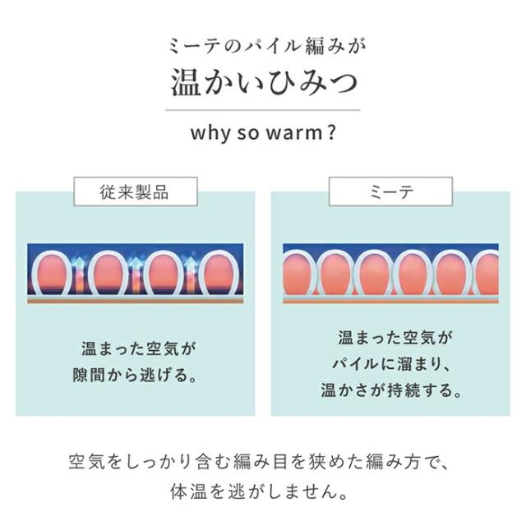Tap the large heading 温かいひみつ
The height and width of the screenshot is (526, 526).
[x=262, y=82]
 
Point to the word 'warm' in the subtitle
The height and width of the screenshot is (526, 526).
[x=292, y=133]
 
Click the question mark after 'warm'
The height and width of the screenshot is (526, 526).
[x=330, y=132]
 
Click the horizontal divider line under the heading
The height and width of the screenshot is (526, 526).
[x=262, y=109]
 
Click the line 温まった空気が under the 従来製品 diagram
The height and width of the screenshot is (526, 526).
[x=135, y=348]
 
